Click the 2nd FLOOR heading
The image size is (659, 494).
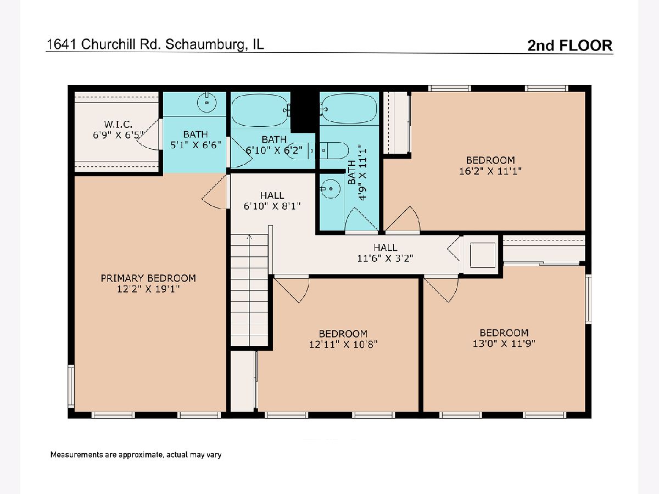tap(570, 46)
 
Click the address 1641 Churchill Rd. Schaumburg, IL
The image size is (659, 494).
tap(155, 44)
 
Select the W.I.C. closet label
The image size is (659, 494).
tap(118, 124)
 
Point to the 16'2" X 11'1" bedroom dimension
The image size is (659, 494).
tap(490, 171)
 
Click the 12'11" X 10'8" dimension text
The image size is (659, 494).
tap(343, 344)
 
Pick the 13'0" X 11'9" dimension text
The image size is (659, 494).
tap(504, 343)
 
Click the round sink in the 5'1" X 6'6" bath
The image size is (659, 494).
tap(206, 102)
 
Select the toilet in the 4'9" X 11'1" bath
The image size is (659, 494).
tap(336, 150)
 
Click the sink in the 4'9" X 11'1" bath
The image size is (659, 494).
tap(330, 189)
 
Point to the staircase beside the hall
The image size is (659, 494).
tap(249, 290)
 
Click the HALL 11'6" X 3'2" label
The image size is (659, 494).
tap(385, 253)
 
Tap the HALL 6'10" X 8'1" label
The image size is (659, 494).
tap(272, 201)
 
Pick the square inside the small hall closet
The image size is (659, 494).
tap(483, 255)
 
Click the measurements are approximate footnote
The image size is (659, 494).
tap(136, 454)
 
